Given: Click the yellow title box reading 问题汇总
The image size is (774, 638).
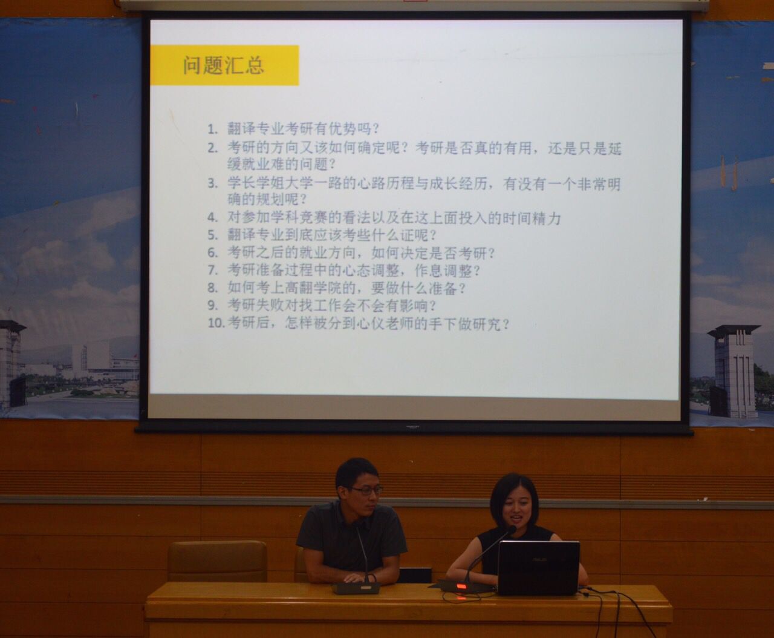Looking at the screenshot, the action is (x=224, y=65).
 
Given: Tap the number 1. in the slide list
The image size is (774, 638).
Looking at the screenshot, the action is (x=212, y=130).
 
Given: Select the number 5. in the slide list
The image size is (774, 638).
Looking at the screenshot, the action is (x=212, y=235).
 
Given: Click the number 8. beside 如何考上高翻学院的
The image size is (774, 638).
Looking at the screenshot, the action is (x=212, y=288).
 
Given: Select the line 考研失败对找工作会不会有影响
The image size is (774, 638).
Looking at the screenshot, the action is (x=332, y=306).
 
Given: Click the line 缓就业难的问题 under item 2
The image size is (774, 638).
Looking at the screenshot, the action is (x=282, y=164).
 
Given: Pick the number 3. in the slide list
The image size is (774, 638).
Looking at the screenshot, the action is (x=212, y=183).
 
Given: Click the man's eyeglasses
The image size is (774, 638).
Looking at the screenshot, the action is (x=365, y=491).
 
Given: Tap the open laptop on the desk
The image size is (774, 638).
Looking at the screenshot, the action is (x=538, y=568).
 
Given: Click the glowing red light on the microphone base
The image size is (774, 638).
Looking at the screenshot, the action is (x=461, y=586).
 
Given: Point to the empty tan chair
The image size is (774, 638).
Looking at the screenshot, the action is (x=217, y=561).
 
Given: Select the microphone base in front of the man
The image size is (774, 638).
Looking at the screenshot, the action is (x=356, y=588).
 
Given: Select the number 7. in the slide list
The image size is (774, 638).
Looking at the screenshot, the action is (x=212, y=270).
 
